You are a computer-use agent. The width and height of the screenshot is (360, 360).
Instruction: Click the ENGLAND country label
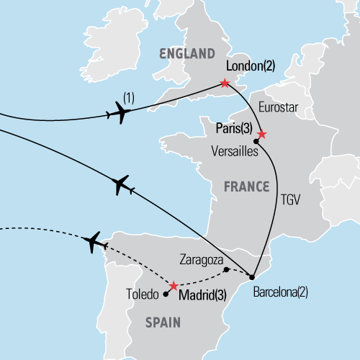(186, 54)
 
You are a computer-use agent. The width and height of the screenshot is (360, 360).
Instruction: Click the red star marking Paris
(261, 135)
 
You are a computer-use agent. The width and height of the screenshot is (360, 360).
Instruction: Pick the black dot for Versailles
(256, 142)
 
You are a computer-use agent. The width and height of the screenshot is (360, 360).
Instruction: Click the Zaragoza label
(201, 257)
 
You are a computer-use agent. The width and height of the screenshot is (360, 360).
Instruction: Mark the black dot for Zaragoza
(226, 270)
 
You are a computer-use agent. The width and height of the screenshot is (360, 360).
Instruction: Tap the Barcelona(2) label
(284, 293)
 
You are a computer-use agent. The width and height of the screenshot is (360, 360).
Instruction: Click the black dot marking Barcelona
(251, 277)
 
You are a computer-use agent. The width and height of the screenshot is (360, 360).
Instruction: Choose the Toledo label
(140, 294)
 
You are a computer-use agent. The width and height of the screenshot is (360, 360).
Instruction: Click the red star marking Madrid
(173, 286)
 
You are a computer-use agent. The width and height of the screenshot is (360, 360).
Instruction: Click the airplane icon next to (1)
(118, 113)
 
